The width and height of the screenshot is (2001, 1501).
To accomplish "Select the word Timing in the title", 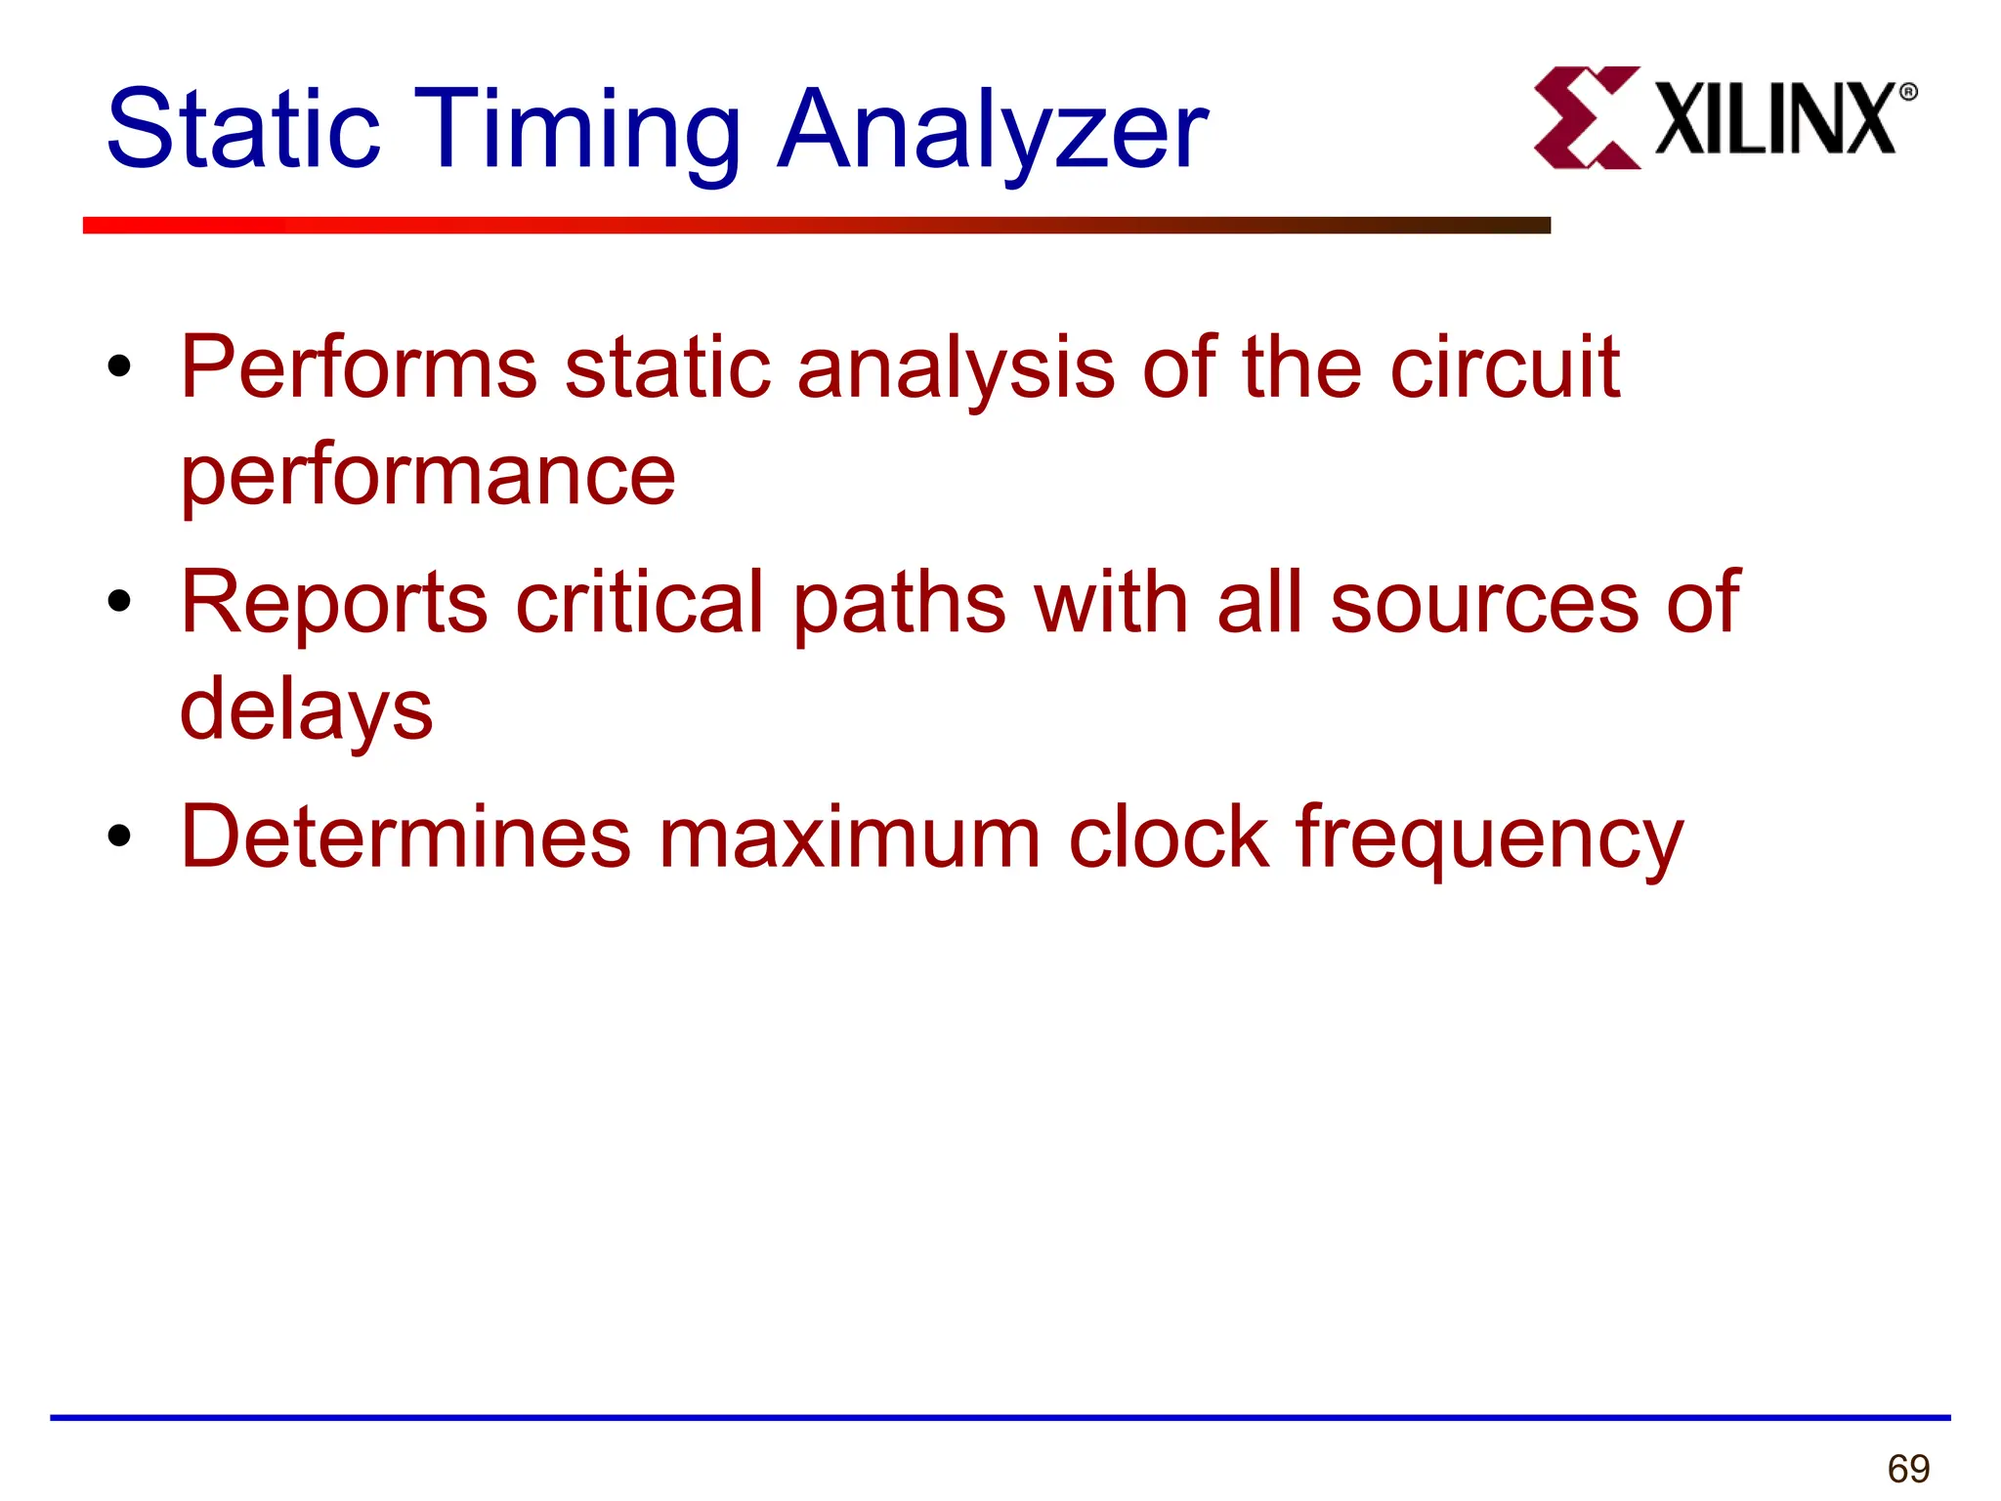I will click(x=577, y=133).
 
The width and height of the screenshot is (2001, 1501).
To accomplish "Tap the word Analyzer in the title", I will click(x=992, y=133).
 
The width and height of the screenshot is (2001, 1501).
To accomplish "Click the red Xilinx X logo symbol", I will click(x=1586, y=118).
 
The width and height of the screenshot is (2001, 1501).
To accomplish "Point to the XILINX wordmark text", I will click(x=1774, y=119).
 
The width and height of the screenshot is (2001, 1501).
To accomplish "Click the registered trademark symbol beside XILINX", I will click(x=1908, y=93).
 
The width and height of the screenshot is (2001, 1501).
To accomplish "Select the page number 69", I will click(x=1908, y=1469).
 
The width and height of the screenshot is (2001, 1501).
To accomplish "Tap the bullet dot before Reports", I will click(x=119, y=601).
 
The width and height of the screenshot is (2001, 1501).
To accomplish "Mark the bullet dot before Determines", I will click(x=119, y=836).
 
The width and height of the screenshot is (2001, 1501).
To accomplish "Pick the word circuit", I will click(x=1505, y=367).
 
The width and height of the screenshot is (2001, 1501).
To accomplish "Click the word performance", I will click(x=428, y=477).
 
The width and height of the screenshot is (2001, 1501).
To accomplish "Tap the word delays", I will click(x=306, y=711).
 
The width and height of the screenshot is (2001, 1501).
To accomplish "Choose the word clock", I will click(x=1169, y=836).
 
